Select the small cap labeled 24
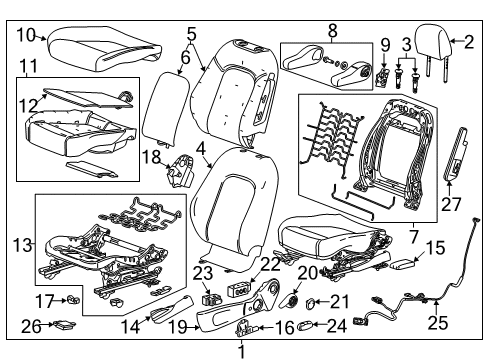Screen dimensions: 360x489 [309, 324]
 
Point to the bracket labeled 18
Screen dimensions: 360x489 [180, 169]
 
